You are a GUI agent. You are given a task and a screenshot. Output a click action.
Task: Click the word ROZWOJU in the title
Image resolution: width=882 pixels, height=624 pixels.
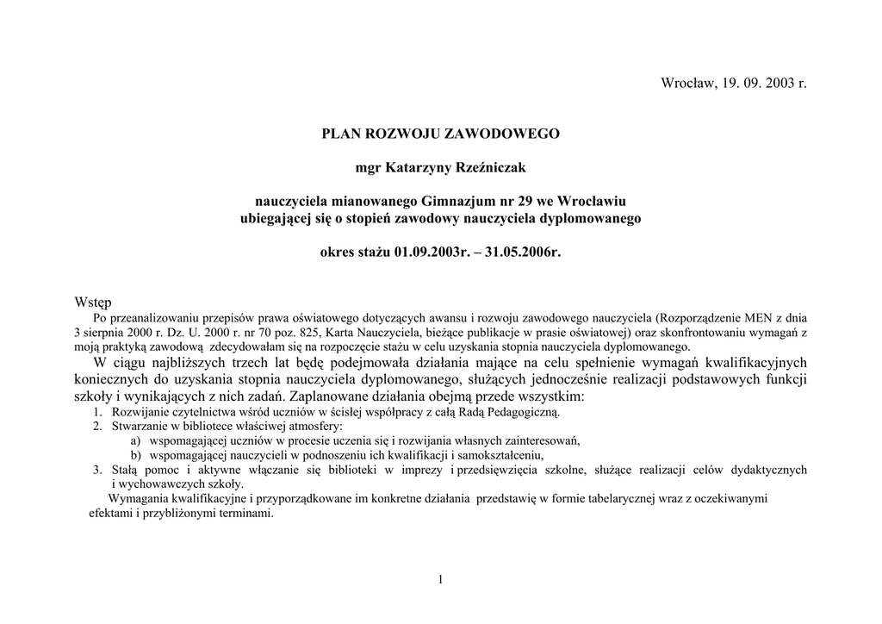click(x=403, y=134)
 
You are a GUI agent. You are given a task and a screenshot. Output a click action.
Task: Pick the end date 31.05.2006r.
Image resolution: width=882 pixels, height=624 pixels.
click(x=523, y=253)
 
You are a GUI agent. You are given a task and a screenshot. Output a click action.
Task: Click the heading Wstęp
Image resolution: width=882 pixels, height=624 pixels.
click(x=93, y=303)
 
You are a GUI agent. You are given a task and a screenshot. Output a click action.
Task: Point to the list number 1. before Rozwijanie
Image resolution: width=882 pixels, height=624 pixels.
click(x=97, y=412)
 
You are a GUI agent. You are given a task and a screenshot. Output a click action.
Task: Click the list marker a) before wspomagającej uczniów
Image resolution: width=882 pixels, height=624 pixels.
click(x=135, y=440)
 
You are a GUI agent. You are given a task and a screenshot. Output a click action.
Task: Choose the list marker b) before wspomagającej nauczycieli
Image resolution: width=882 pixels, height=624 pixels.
click(x=135, y=454)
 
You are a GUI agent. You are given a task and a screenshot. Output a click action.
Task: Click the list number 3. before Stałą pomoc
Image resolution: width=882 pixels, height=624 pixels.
click(x=97, y=470)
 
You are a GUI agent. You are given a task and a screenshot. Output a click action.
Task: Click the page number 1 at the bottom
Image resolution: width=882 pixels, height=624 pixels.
click(x=440, y=580)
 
